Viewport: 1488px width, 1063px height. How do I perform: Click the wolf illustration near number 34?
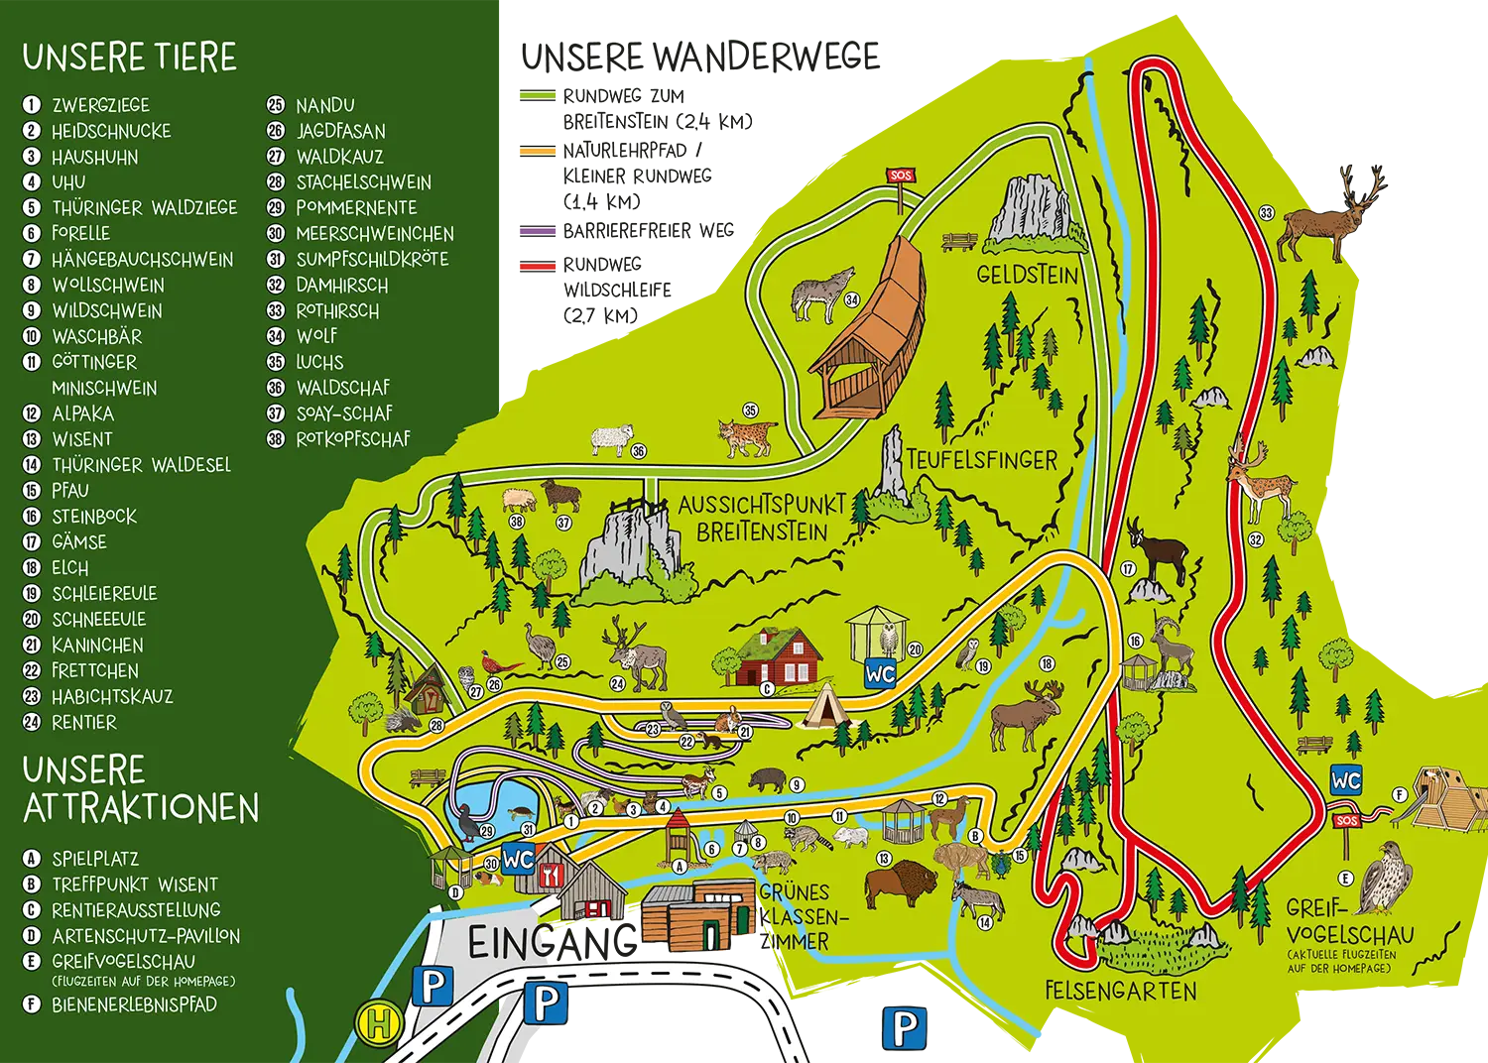pyautogui.click(x=821, y=294)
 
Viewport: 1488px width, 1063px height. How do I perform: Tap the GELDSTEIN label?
pyautogui.click(x=1027, y=275)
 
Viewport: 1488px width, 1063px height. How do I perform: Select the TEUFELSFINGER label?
pyautogui.click(x=981, y=460)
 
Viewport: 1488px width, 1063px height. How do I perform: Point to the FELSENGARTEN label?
pyautogui.click(x=1121, y=990)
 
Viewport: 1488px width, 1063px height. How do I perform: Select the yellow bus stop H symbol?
pyautogui.click(x=378, y=1022)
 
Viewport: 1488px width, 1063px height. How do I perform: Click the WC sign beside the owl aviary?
pyautogui.click(x=880, y=673)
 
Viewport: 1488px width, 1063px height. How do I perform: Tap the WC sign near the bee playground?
pyautogui.click(x=1346, y=780)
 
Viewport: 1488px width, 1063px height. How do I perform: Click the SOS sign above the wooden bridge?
pyautogui.click(x=900, y=176)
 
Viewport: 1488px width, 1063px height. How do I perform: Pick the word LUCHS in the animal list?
pyautogui.click(x=319, y=362)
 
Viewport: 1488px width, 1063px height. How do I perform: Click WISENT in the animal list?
pyautogui.click(x=82, y=439)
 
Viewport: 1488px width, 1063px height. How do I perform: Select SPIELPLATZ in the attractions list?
pyautogui.click(x=95, y=859)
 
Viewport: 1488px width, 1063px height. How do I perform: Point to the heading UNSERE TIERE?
pyautogui.click(x=130, y=58)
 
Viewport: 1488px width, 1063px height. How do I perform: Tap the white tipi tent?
pyautogui.click(x=822, y=707)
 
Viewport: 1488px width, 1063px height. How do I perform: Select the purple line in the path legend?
pyautogui.click(x=540, y=231)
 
